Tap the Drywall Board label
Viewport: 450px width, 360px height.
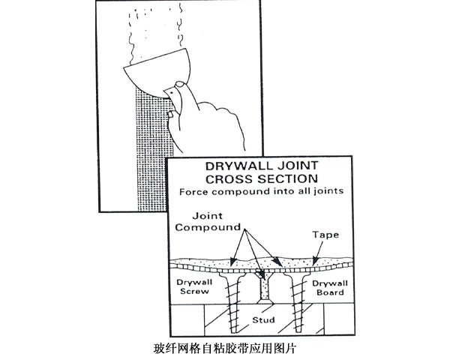click(x=328, y=287)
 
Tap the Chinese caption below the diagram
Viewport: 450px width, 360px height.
click(x=224, y=349)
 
